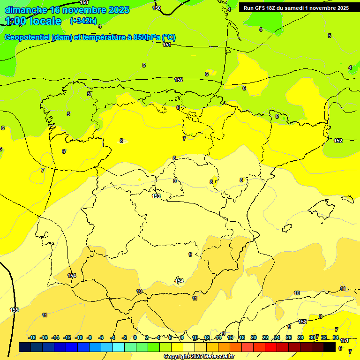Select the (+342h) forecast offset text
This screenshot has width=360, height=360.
pos(83,21)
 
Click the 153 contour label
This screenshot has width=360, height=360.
pos(156,196)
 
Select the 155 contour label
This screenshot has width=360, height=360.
pos(14,310)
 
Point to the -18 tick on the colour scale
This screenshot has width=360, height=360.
pos(32,337)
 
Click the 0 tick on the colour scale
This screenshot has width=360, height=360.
pos(135,337)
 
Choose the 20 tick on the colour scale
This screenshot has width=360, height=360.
pos(254,337)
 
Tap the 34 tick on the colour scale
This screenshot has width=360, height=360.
pos(336,337)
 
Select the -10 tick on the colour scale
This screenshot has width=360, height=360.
pos(79,337)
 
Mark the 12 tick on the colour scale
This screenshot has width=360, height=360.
pos(207,337)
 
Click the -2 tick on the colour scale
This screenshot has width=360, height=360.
pos(124,337)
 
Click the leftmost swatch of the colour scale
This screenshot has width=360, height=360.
pos(25,347)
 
